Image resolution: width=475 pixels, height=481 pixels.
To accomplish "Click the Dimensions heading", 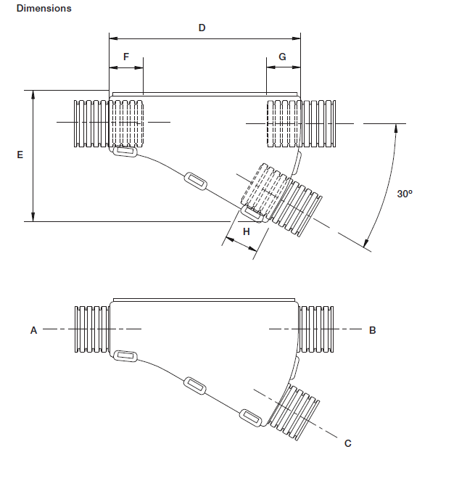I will pos(44,9).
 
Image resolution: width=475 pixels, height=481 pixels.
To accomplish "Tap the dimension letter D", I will pos(202,28).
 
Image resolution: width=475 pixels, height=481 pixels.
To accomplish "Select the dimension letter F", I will pos(125,56).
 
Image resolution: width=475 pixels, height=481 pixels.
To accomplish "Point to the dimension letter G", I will pos(282,56).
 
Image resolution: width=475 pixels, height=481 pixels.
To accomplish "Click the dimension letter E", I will pos(20,155).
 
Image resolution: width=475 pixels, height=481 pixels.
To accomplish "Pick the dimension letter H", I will pos(246,231).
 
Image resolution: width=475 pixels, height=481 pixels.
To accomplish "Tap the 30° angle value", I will pos(405,194).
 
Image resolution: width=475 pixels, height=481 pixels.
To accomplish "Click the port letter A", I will pos(33,330).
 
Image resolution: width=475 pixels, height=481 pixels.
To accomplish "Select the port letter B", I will pos(372,330).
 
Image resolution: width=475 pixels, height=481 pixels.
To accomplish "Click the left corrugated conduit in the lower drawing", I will pos(92,330).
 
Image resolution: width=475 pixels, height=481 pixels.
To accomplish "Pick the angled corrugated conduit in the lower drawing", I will pos(298,413).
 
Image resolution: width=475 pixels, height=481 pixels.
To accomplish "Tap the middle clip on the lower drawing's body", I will pos(195,386).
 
